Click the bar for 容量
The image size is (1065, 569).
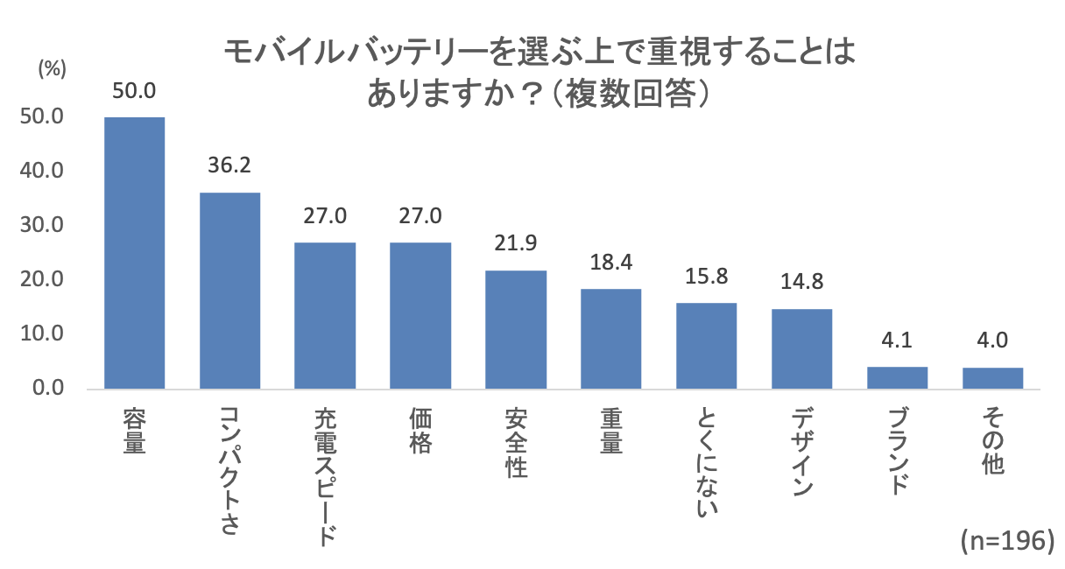(x=135, y=253)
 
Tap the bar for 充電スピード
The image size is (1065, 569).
(x=325, y=315)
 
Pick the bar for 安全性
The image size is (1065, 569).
(x=516, y=329)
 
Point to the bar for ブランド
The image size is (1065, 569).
(x=897, y=377)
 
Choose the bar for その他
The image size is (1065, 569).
(x=992, y=378)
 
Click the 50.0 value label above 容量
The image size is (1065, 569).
(x=134, y=91)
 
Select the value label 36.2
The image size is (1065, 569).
(x=229, y=165)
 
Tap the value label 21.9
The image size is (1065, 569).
(x=516, y=244)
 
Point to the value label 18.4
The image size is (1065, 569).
(x=611, y=263)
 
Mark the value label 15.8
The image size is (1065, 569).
(x=706, y=277)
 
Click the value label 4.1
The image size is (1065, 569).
(x=897, y=341)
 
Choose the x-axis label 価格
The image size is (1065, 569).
(x=420, y=432)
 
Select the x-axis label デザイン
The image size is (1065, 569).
(x=801, y=451)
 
